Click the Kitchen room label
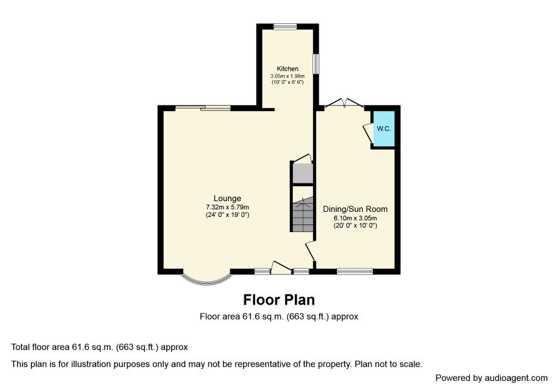(x=288, y=69)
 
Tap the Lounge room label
(x=227, y=199)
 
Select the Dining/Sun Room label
(x=355, y=209)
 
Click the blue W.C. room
(x=384, y=129)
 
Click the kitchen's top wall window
(x=285, y=26)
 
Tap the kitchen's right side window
(x=316, y=64)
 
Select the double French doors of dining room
(x=344, y=103)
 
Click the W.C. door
(x=367, y=134)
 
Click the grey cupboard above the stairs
(x=302, y=173)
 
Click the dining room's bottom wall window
(x=355, y=272)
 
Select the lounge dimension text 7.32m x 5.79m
(x=227, y=207)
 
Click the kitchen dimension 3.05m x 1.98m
(x=288, y=76)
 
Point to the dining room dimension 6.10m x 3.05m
(x=355, y=218)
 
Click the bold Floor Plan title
(x=279, y=300)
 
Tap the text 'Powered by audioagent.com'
(x=491, y=378)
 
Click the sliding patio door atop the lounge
(x=203, y=108)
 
